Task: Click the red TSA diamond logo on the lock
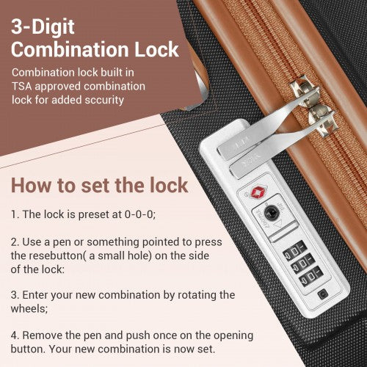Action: [257, 192]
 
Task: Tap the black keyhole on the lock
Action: [270, 212]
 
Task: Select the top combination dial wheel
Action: [294, 250]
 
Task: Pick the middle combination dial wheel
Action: [302, 264]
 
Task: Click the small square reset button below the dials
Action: [322, 294]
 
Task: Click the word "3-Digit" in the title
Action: [43, 27]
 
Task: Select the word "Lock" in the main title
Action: [156, 49]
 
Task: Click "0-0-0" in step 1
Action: [139, 214]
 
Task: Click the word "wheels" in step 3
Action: [28, 308]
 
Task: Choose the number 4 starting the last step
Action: [15, 335]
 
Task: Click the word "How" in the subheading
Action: [31, 186]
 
